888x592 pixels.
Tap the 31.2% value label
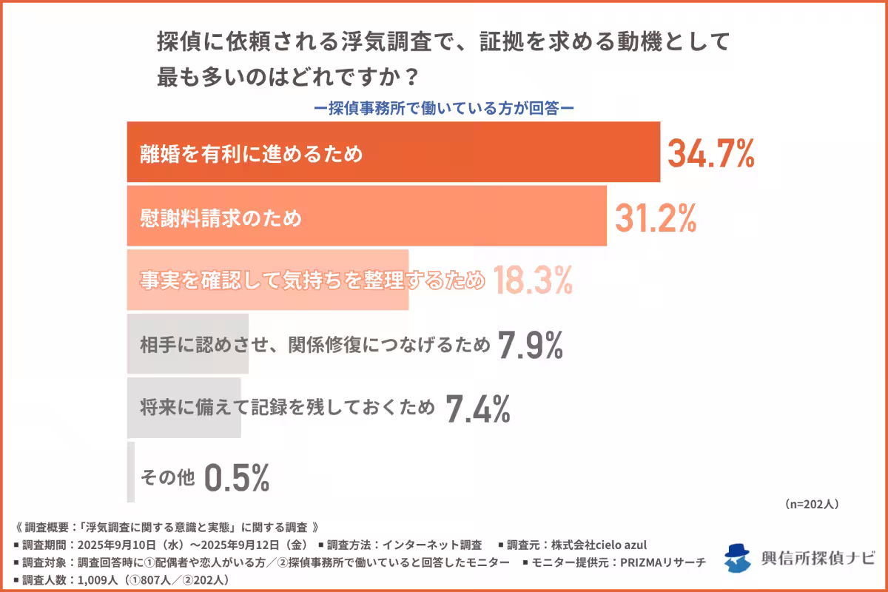pos(656,217)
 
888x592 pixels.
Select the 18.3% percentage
pos(532,280)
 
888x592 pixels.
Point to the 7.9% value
pos(531,345)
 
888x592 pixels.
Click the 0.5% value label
pos(236,478)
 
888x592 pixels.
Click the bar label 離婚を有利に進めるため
pos(252,154)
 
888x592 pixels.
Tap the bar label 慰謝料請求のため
pos(221,218)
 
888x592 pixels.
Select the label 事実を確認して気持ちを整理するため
pos(312,281)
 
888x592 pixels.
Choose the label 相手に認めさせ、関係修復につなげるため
pos(314,345)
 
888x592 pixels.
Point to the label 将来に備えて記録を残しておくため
pos(287,408)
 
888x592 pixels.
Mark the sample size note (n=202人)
pos(810,504)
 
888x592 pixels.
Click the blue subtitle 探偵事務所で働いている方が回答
pos(444,107)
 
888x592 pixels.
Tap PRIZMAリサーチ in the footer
pos(656,562)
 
